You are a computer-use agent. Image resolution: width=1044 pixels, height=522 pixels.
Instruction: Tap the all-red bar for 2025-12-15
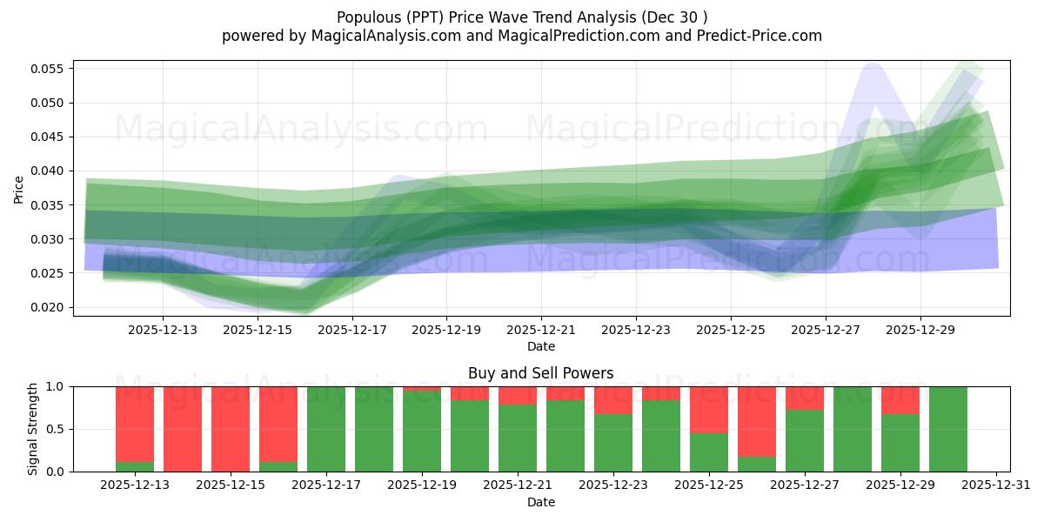click(x=231, y=429)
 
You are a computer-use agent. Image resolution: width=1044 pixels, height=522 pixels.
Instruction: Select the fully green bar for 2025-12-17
click(x=326, y=429)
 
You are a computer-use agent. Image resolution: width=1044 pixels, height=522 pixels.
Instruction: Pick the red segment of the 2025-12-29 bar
click(x=900, y=399)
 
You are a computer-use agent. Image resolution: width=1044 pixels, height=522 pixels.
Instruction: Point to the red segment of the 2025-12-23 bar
click(x=613, y=399)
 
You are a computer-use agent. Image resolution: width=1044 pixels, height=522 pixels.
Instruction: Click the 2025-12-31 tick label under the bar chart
click(x=995, y=485)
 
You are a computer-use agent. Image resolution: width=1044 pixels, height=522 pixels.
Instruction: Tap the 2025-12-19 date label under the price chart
click(x=446, y=330)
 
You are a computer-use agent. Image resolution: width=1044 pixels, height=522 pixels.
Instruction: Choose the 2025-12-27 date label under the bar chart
click(x=805, y=485)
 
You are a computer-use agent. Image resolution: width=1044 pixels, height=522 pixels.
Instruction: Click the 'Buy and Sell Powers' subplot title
click(x=540, y=373)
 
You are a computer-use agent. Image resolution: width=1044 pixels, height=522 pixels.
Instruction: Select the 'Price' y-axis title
click(x=19, y=189)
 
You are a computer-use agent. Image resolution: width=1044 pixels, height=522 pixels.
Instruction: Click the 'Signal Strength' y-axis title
click(x=32, y=429)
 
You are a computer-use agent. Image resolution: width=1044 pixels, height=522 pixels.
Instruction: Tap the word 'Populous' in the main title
click(x=365, y=17)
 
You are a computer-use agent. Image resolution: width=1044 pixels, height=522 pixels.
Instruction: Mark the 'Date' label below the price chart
click(x=540, y=346)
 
